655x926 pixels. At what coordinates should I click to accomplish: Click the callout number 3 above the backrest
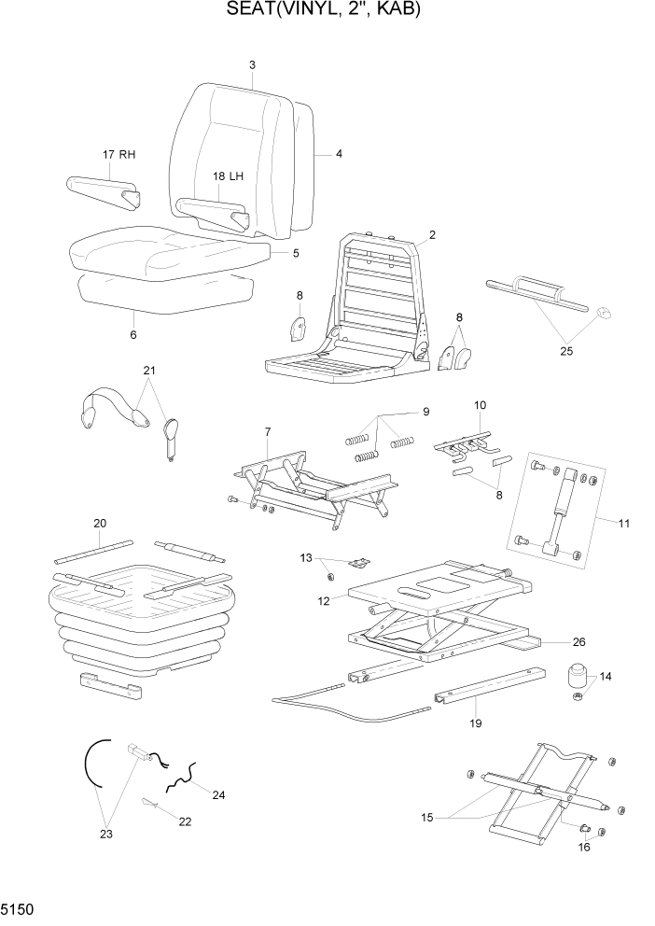[252, 64]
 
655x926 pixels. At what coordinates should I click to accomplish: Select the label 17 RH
[118, 154]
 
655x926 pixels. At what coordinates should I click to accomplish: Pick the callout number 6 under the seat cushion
[132, 335]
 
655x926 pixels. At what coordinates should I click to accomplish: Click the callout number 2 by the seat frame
[432, 235]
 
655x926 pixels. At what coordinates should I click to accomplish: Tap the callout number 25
[565, 352]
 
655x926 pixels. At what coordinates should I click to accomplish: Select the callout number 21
[149, 372]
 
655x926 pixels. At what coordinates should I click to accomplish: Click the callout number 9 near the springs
[425, 412]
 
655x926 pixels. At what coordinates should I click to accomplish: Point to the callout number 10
[481, 405]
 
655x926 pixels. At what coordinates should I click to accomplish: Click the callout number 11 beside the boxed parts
[623, 524]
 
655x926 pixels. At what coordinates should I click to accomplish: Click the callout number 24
[218, 795]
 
